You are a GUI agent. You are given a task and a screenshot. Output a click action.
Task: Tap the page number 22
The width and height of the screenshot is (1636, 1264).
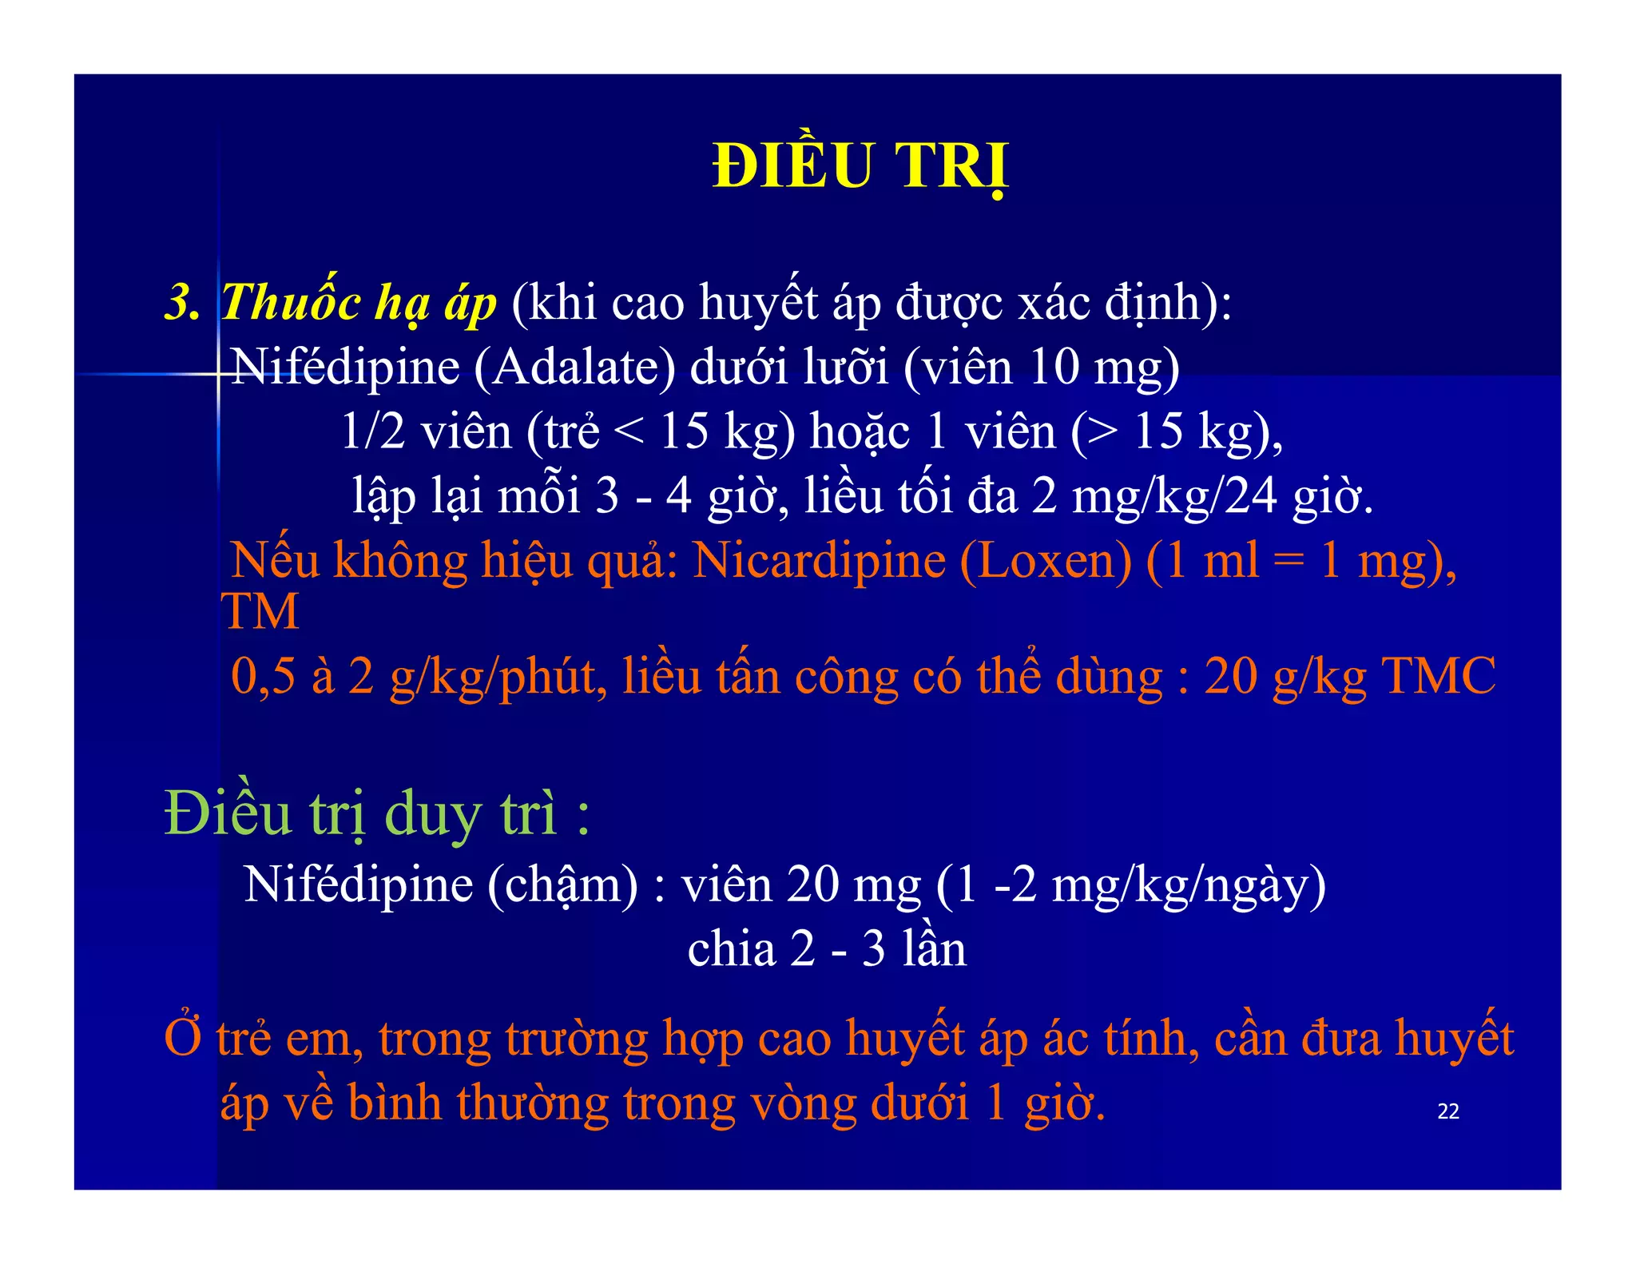(x=1447, y=1111)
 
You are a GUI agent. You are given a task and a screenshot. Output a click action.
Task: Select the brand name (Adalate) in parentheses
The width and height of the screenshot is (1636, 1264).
(x=574, y=368)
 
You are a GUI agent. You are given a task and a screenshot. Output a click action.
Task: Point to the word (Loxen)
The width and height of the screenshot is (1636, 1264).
(x=1046, y=561)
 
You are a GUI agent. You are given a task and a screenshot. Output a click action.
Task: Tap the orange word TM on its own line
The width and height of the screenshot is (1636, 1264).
(x=260, y=612)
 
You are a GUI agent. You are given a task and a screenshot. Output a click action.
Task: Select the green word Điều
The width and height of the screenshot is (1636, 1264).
(x=228, y=814)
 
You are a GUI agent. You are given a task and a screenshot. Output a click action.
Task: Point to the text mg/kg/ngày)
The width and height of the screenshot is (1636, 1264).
(x=1189, y=886)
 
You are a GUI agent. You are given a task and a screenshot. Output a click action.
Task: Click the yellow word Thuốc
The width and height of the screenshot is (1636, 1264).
(x=291, y=302)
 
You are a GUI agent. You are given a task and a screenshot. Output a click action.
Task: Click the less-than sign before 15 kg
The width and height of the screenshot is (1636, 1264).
(x=629, y=432)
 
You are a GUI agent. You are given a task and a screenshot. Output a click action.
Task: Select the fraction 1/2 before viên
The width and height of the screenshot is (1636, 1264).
(x=373, y=432)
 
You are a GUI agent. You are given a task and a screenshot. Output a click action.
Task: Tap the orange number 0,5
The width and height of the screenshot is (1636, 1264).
(x=264, y=677)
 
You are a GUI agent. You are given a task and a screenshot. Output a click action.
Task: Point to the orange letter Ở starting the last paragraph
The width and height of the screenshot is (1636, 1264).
(x=183, y=1038)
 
